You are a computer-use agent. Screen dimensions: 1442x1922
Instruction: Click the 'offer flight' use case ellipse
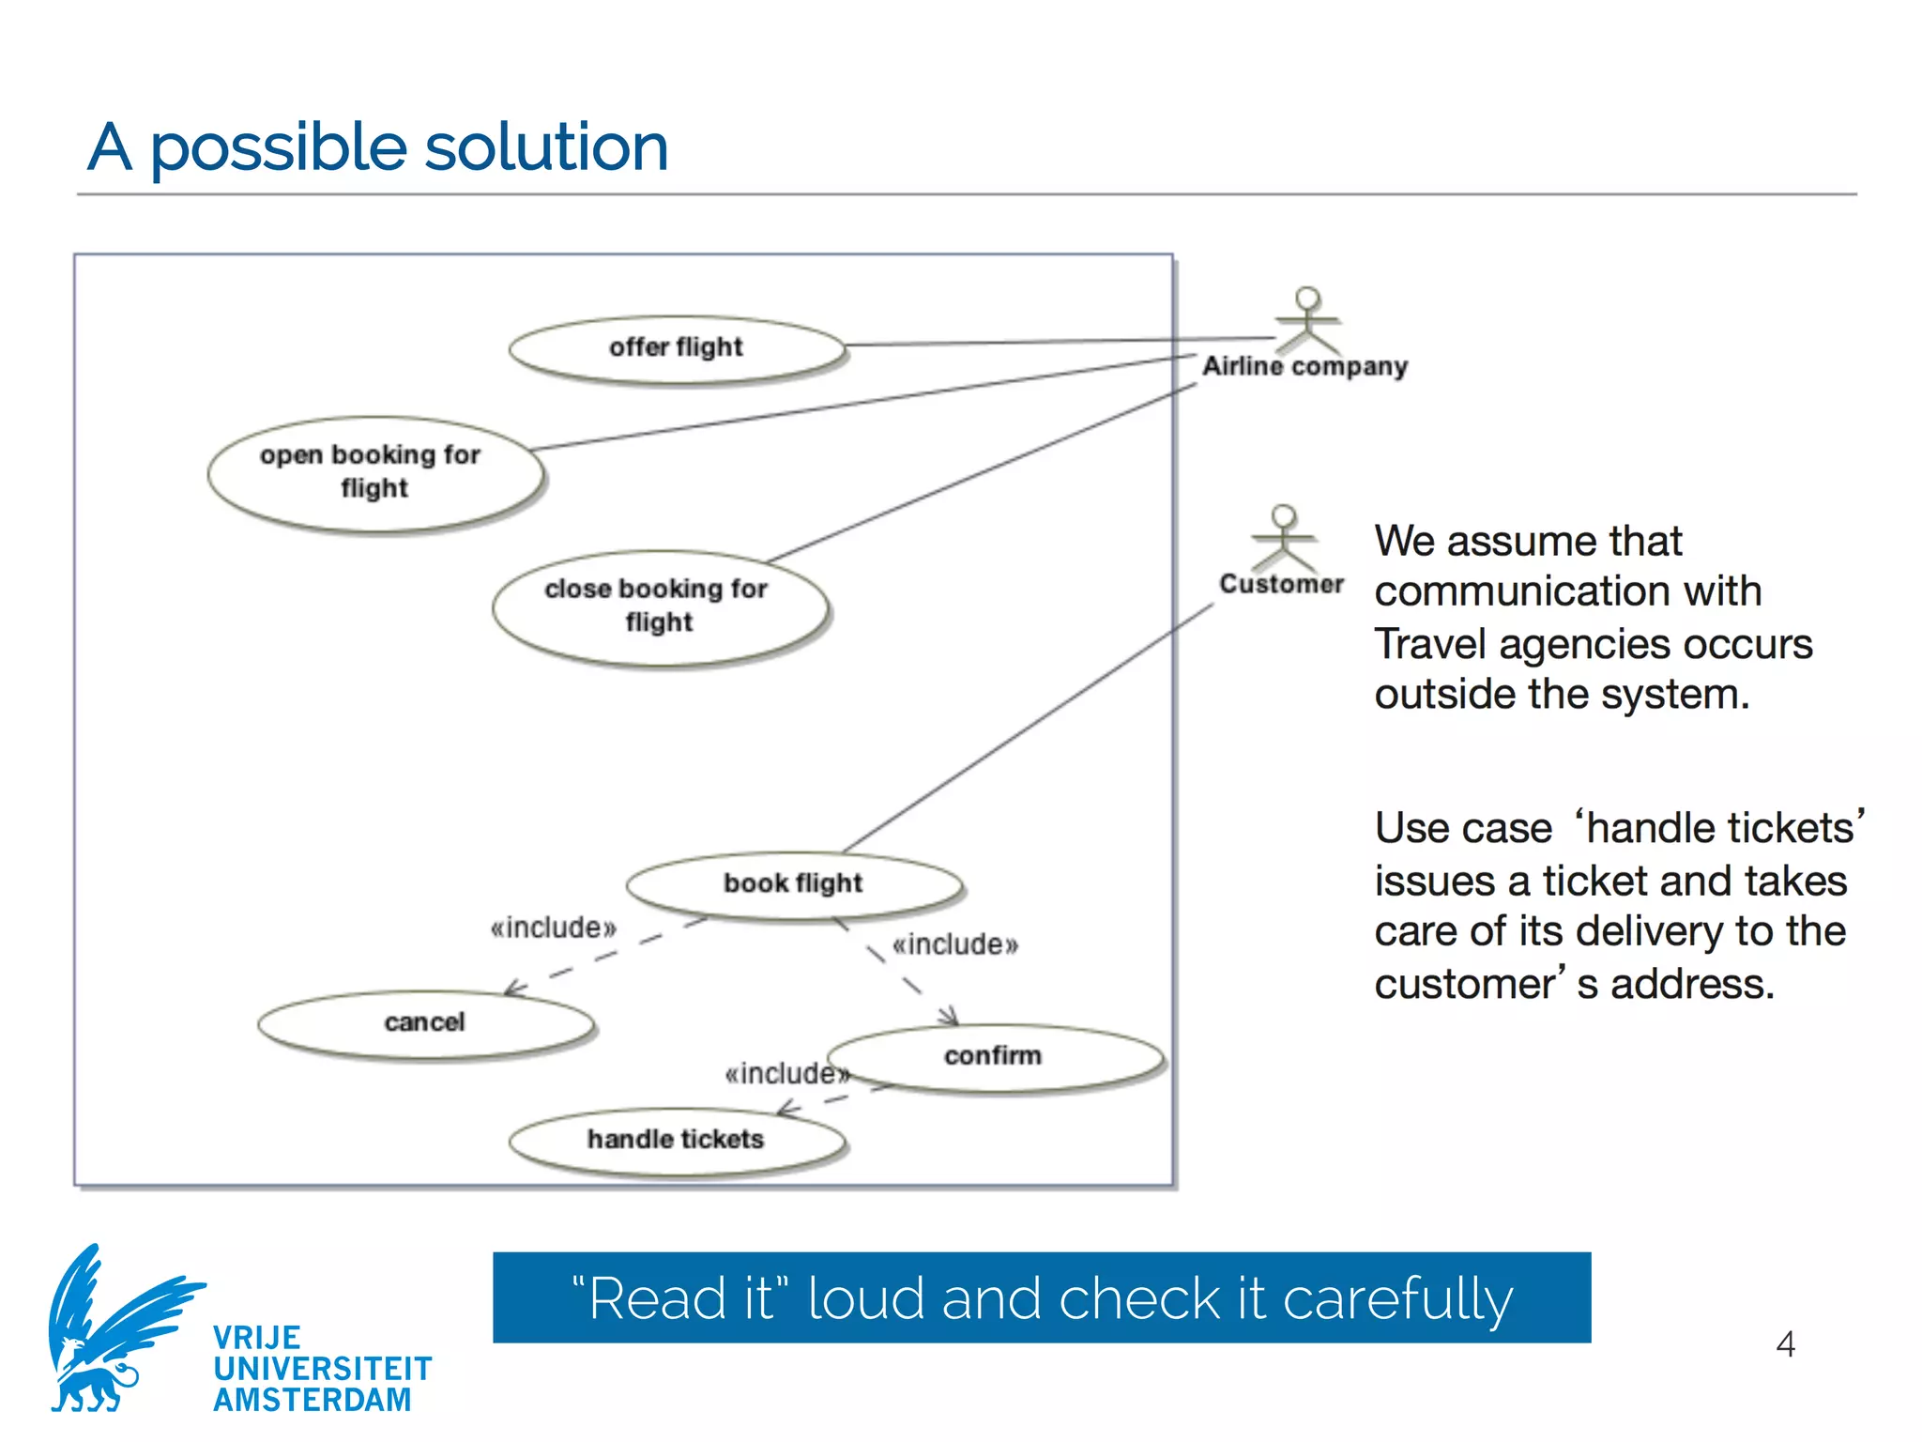(676, 349)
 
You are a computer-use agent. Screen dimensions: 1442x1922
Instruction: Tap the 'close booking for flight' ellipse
(659, 607)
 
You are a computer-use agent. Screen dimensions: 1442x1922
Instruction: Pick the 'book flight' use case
(793, 884)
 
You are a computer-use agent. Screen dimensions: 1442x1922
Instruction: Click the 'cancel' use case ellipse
(425, 1023)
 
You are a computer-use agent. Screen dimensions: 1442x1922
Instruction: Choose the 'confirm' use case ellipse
(993, 1057)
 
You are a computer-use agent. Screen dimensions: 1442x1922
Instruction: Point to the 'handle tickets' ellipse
(676, 1141)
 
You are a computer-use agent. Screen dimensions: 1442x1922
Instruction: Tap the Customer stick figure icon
(1284, 537)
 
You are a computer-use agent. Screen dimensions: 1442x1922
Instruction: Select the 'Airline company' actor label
(1305, 367)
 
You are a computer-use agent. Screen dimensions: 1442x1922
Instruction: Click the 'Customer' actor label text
(1281, 585)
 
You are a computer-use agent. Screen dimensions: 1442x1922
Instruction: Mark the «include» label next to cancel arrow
(554, 928)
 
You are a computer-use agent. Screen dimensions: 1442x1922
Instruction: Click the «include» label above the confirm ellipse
(954, 944)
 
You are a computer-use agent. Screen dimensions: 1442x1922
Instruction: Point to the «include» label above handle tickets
(786, 1073)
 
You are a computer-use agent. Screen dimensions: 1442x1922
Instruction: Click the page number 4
(1786, 1344)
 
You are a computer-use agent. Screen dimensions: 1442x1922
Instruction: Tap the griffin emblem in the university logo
(113, 1328)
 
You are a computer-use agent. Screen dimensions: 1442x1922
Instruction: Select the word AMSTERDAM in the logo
(313, 1400)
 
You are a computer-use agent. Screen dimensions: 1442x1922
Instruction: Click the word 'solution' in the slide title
(546, 148)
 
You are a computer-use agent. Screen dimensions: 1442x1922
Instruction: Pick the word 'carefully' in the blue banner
(1397, 1300)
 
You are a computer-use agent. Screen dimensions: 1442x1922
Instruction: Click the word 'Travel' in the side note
(1431, 645)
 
